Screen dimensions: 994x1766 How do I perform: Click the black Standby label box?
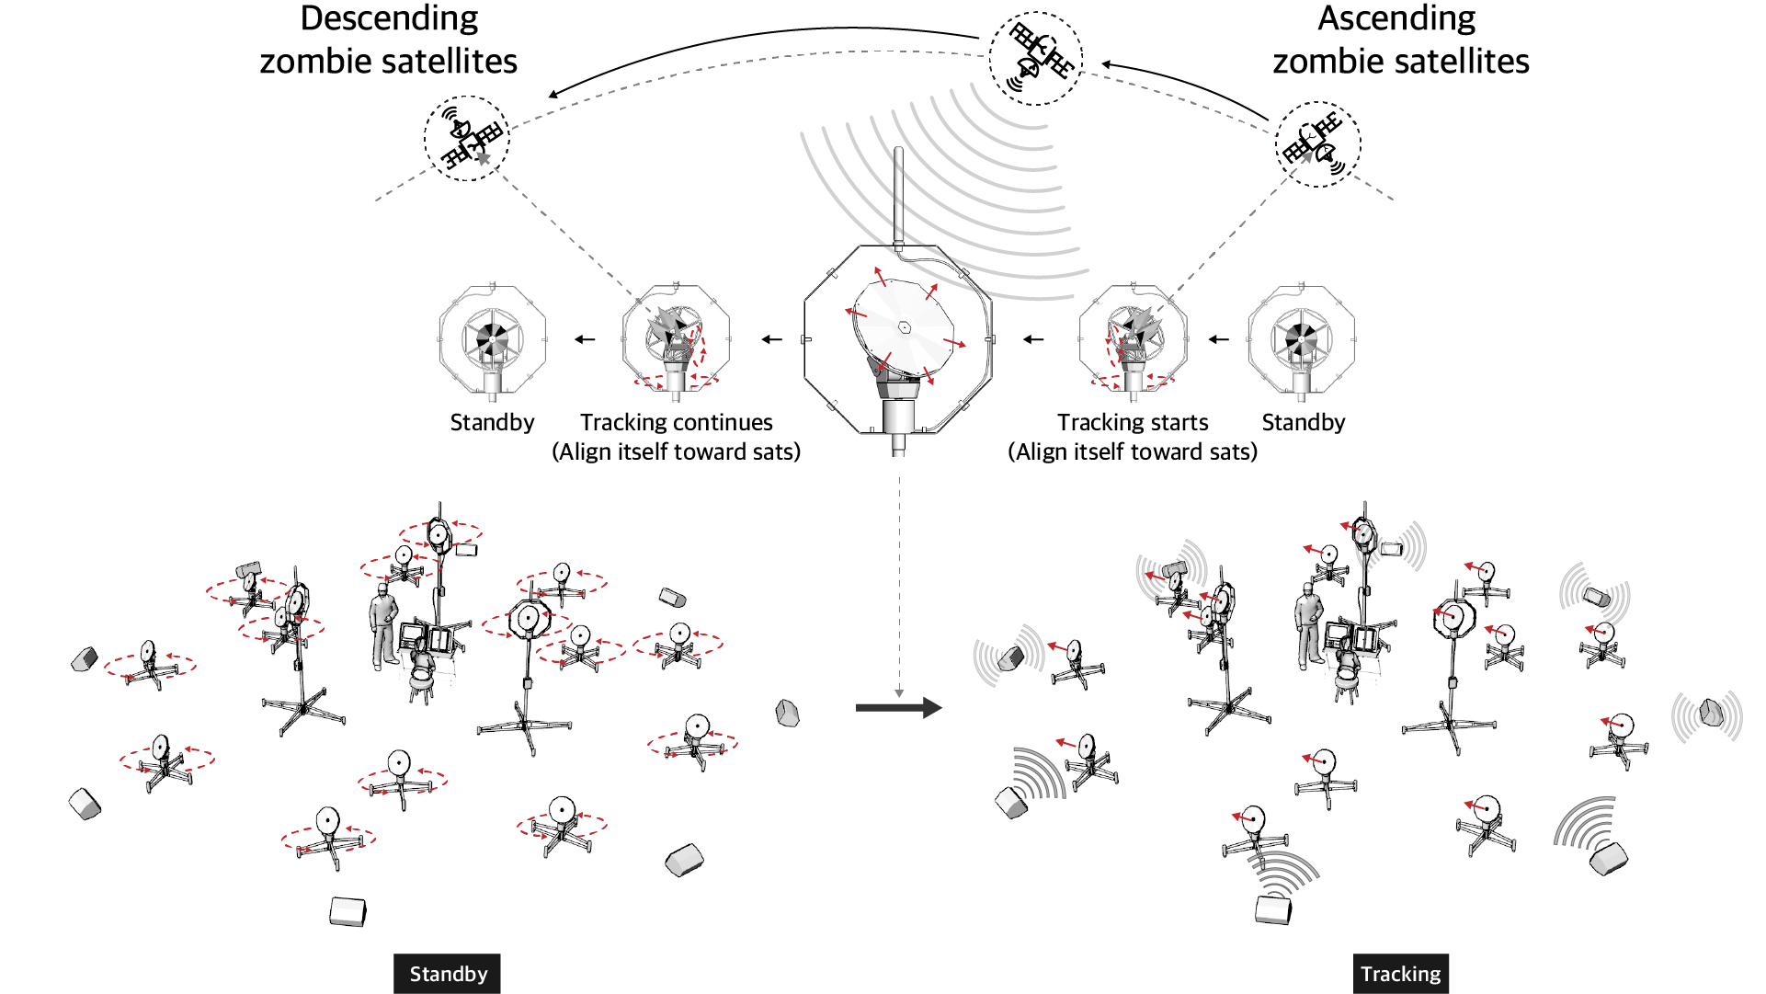(x=447, y=974)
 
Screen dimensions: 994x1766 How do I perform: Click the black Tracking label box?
(x=1400, y=974)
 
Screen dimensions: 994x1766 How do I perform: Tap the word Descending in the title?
(x=389, y=18)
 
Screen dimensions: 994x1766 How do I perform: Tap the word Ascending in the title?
(x=1396, y=18)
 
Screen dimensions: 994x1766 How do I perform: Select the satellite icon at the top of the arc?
(x=1036, y=58)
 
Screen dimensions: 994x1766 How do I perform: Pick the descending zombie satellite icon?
(x=467, y=139)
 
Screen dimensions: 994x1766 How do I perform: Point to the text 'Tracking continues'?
(x=676, y=422)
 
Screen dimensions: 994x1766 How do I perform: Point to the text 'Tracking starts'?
(x=1133, y=422)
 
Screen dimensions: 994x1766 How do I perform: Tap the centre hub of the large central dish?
(x=905, y=327)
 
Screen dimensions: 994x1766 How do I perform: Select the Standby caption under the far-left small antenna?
(x=492, y=422)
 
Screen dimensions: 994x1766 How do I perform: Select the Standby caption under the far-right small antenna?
(x=1303, y=422)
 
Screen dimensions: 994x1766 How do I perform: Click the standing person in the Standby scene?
(x=383, y=625)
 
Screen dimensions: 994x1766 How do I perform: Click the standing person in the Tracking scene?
(x=1308, y=625)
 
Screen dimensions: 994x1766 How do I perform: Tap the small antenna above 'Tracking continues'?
(x=676, y=340)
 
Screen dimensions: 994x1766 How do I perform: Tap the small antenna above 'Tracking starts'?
(x=1133, y=340)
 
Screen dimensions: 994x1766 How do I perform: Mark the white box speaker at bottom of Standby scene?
(x=348, y=911)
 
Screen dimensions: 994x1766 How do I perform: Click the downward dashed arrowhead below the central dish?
(x=899, y=692)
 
